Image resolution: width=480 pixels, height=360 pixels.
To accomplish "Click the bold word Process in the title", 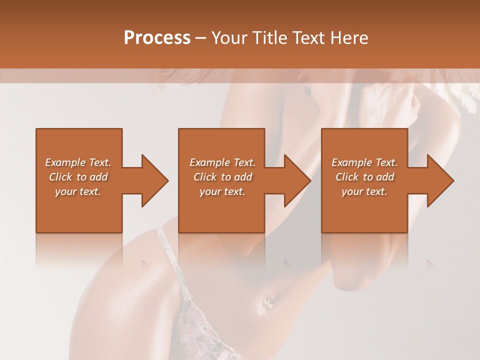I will (157, 38).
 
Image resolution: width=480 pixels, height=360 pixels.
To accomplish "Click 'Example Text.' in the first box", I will (78, 162).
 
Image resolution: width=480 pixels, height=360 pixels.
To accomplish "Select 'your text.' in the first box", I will (78, 191).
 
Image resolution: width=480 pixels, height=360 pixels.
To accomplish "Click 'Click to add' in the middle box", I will (222, 177).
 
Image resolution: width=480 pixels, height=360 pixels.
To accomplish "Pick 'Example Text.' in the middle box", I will (222, 162).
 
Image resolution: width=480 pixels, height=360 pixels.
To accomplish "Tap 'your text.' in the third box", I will (364, 191).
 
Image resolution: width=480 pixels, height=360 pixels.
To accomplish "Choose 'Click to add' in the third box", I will (364, 177).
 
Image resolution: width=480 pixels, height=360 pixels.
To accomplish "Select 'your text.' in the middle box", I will (222, 191).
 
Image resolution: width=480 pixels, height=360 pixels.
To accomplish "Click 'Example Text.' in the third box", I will (364, 162).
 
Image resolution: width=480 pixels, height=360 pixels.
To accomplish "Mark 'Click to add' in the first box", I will (78, 177).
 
